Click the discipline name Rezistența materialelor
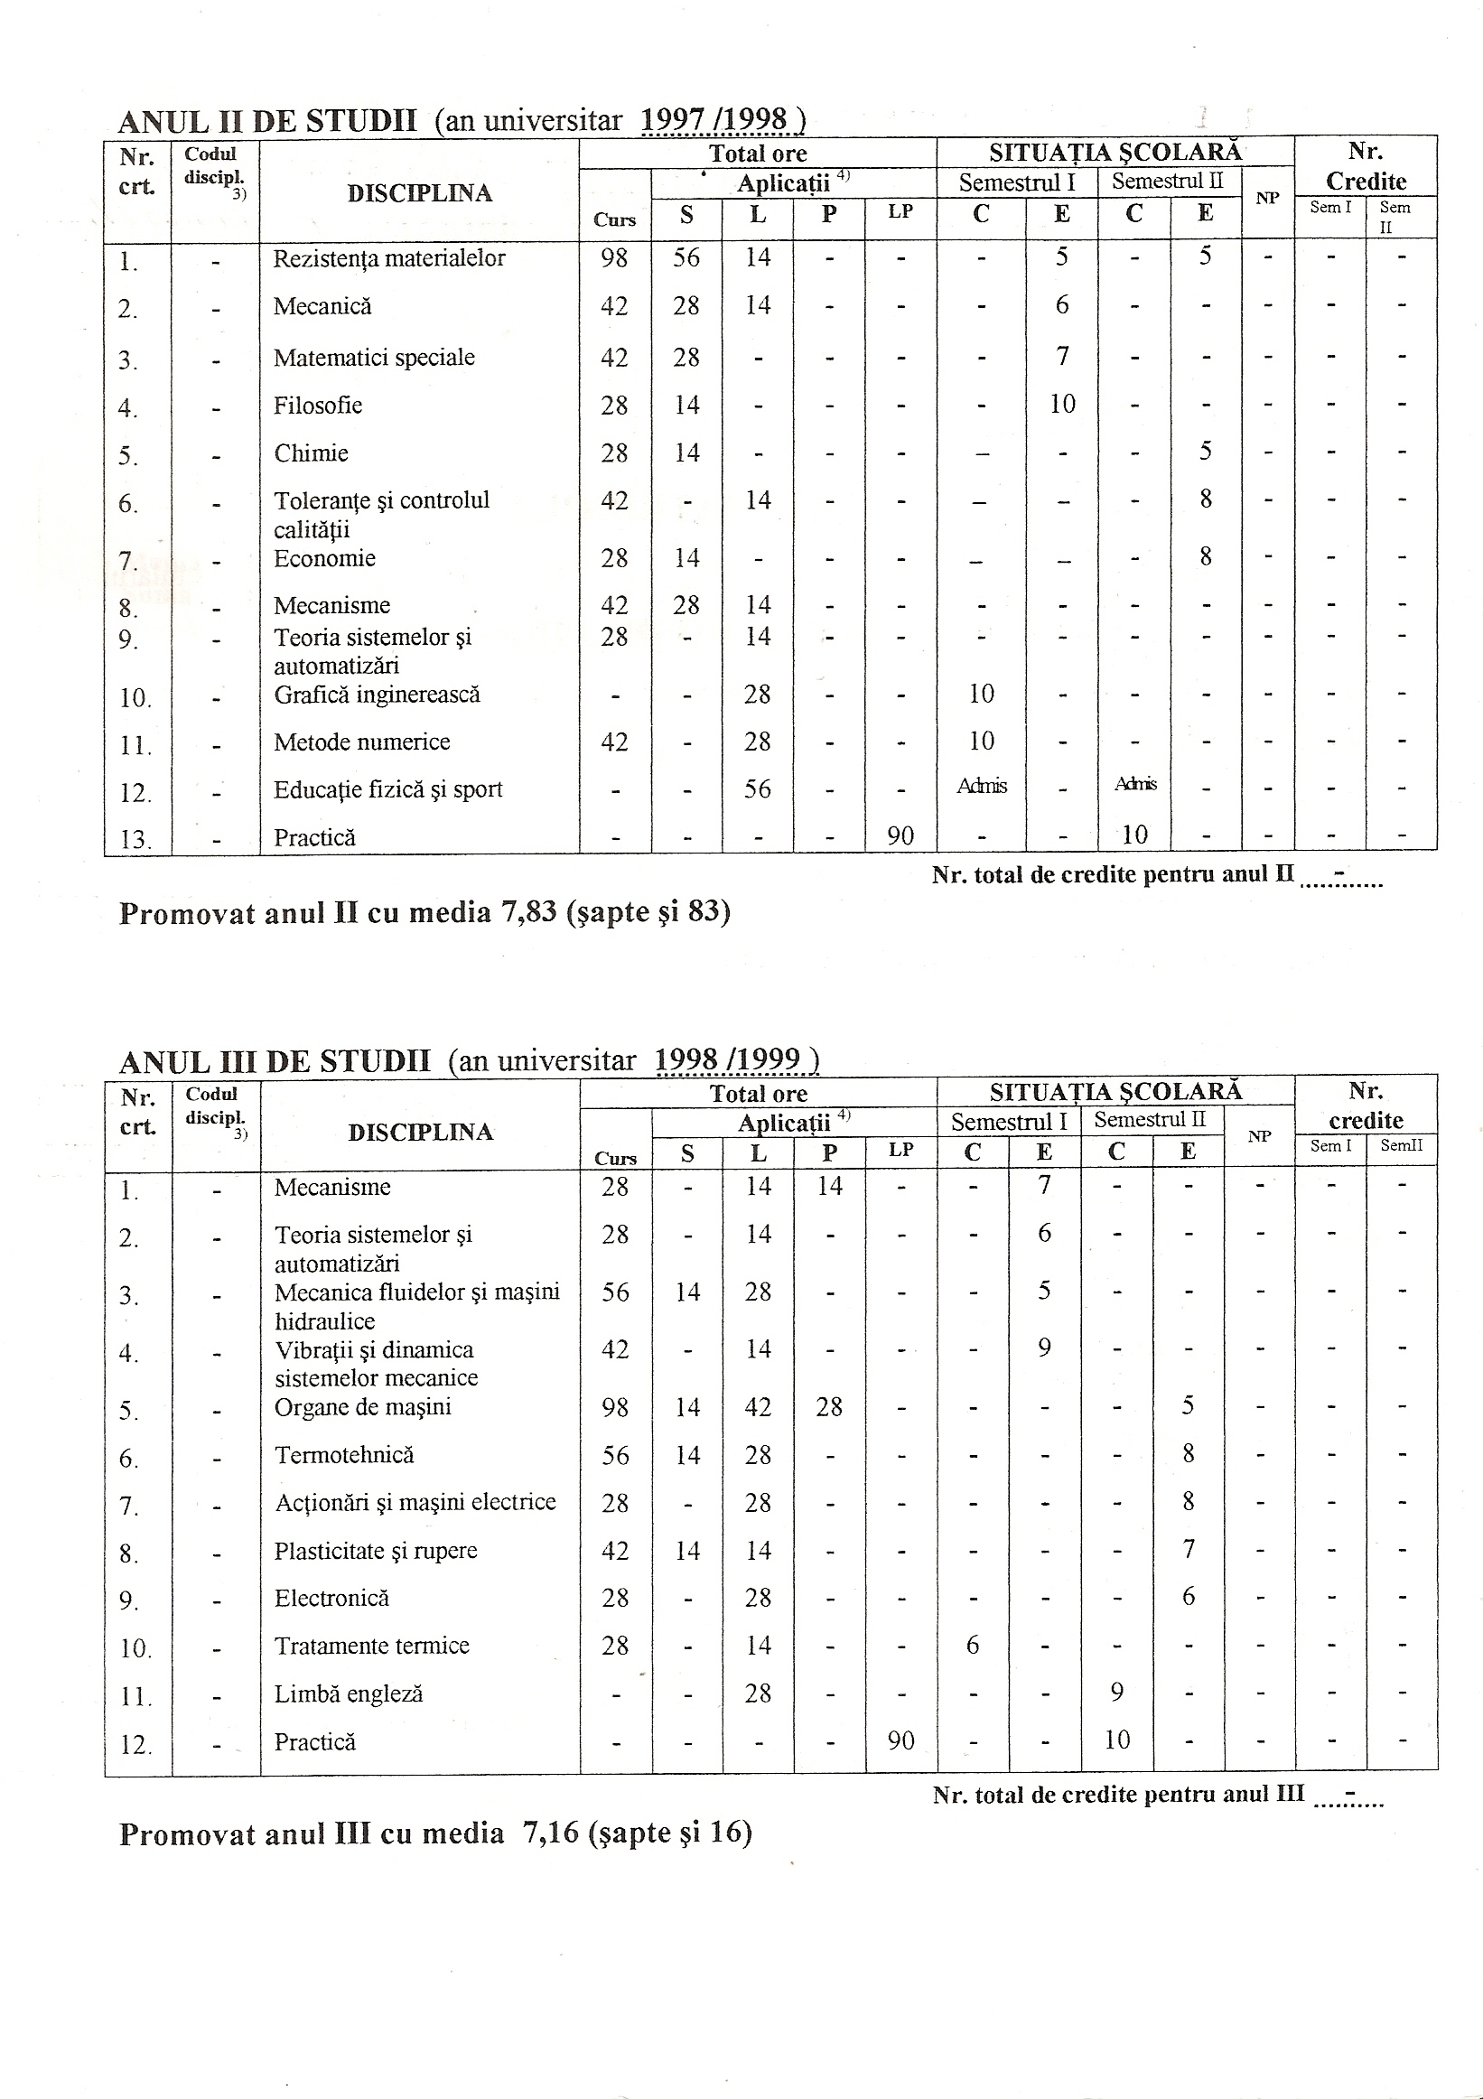[388, 258]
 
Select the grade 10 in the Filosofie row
[1061, 404]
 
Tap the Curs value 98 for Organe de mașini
[614, 1407]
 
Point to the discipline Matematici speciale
[374, 358]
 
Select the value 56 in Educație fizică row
[757, 789]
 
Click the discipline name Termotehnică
[344, 1454]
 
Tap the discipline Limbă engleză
[349, 1693]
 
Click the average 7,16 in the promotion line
[550, 1833]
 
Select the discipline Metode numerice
[361, 742]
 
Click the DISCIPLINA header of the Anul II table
[419, 193]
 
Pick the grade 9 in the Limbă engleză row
[1116, 1693]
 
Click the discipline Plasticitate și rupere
[376, 1551]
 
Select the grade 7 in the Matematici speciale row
[1061, 356]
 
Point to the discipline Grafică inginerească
[377, 695]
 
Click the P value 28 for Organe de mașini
[829, 1407]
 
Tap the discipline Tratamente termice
[371, 1646]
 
